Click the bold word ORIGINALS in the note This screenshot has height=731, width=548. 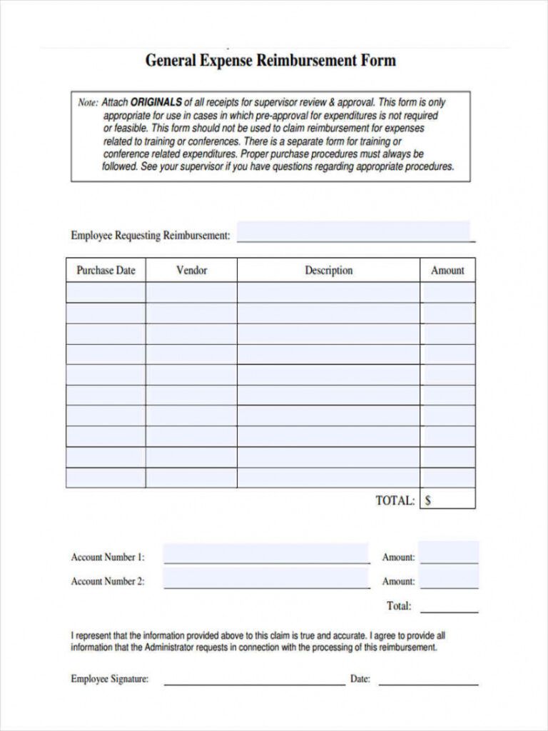coord(156,102)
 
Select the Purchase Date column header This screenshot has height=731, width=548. coord(106,271)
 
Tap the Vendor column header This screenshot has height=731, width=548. coord(191,271)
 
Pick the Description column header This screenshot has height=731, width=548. coord(328,271)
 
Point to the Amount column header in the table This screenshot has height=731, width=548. coord(447,271)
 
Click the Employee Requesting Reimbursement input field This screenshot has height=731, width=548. coord(355,233)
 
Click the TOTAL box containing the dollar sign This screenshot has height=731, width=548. coord(447,500)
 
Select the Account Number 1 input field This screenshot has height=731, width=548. coord(266,555)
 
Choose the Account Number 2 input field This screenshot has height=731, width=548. coord(266,579)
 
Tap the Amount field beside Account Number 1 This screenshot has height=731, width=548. coord(449,555)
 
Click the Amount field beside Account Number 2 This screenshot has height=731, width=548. coord(449,579)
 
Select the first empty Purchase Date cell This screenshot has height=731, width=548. coord(106,292)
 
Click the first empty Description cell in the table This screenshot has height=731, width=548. coord(328,292)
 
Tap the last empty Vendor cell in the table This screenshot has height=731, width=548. coord(191,478)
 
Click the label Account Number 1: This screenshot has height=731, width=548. coord(108,558)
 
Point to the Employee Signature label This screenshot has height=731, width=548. coord(109,680)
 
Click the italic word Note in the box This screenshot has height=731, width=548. coord(87,103)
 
